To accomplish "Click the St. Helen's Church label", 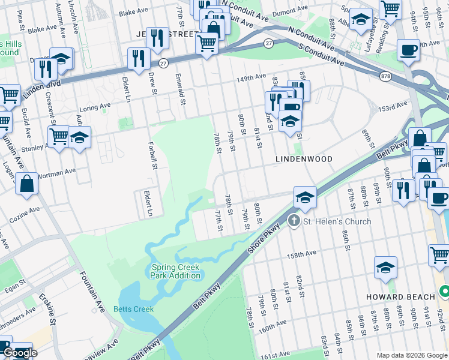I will [337, 221].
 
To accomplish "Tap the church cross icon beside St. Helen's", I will [294, 221].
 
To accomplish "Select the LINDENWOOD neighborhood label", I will [304, 160].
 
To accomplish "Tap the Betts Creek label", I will [133, 309].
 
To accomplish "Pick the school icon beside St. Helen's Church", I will [305, 197].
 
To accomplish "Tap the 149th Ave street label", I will [250, 79].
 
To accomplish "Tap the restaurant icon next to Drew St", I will [139, 59].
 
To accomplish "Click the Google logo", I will [20, 353].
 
